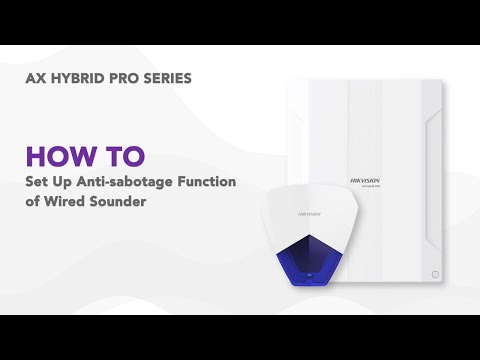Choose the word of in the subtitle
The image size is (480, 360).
[x=33, y=200]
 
